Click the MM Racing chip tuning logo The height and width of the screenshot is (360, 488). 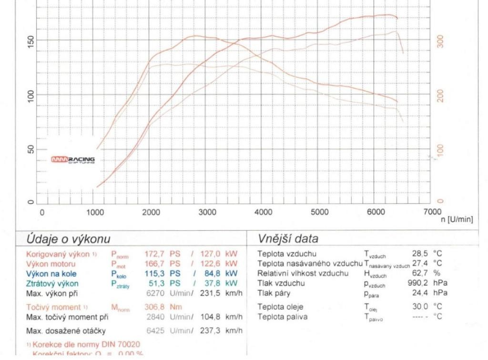[73, 160]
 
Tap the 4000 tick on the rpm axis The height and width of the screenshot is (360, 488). [263, 212]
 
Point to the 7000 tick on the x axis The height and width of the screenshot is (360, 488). [432, 212]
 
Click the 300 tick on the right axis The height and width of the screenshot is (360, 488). [440, 41]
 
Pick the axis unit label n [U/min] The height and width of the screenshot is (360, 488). [457, 219]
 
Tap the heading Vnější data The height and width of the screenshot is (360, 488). [287, 238]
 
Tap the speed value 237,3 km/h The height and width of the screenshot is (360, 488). [224, 331]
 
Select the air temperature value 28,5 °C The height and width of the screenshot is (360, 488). [427, 254]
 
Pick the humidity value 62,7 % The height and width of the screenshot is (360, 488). [427, 273]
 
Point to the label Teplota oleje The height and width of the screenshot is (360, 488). [280, 307]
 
